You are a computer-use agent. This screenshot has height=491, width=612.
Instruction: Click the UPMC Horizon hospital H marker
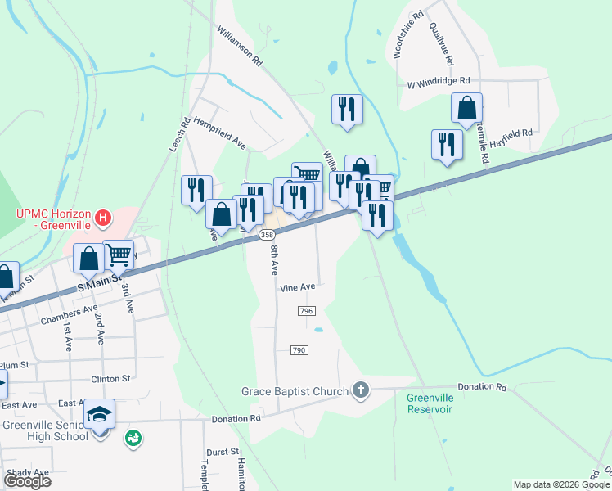coord(103,218)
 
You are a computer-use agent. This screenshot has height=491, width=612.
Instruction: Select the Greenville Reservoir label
coord(430,403)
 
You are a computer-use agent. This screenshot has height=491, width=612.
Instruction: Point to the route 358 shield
coord(267,235)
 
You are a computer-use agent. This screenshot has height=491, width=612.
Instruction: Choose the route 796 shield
coord(307,311)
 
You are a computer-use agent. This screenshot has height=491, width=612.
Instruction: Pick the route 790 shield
coord(299,350)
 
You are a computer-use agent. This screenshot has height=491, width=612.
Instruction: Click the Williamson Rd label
coord(239,45)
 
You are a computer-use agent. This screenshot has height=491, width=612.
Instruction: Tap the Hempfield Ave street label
coord(220,133)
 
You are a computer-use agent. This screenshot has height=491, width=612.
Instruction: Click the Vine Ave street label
coord(297,287)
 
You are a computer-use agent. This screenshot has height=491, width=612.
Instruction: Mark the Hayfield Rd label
coord(512,132)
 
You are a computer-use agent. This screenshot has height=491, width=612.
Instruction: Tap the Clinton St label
coord(111,379)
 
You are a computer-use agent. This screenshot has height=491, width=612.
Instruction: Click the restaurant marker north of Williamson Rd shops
coord(347,109)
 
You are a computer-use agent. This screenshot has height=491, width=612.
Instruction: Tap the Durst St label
coord(222,452)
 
